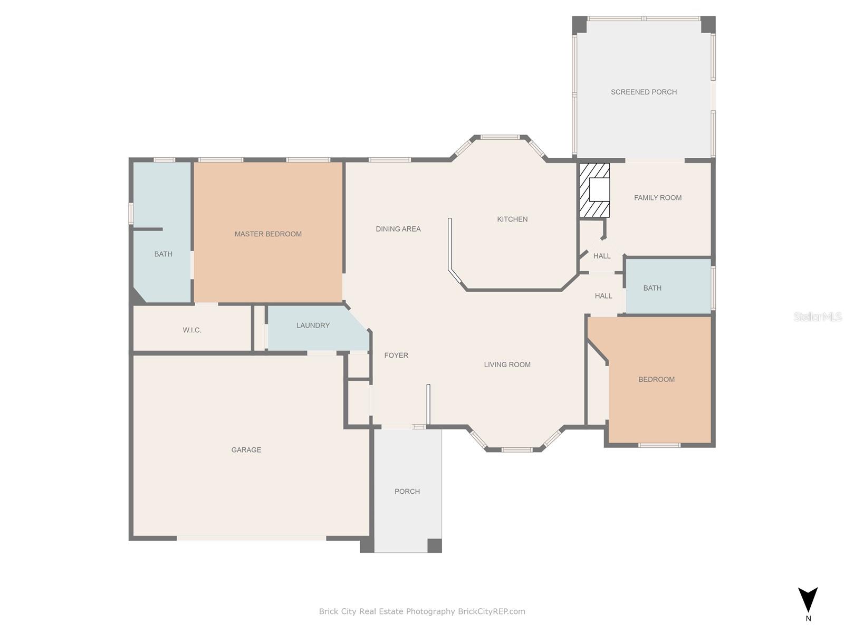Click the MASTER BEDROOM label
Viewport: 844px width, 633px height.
pos(268,234)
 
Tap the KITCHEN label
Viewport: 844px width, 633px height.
pos(512,219)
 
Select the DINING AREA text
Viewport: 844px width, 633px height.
pos(398,229)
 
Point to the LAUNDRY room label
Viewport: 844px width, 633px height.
pos(313,325)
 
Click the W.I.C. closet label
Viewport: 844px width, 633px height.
pos(192,330)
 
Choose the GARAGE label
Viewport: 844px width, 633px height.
pos(246,449)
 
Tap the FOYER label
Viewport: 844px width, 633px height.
pos(396,355)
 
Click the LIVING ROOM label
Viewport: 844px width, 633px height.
pos(507,365)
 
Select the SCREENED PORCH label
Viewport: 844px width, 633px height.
pos(644,92)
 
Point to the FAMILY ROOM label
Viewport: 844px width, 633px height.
pos(657,197)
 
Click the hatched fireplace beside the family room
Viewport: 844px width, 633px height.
pos(594,190)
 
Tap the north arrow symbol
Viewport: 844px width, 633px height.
pos(808,600)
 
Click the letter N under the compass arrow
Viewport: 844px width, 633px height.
pos(808,618)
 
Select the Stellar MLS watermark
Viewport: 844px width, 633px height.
pos(818,316)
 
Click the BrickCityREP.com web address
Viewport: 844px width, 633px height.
pos(492,611)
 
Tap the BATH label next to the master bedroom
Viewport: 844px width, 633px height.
pos(163,254)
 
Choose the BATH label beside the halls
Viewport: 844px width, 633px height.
pos(652,288)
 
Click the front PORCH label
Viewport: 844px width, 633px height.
pos(407,491)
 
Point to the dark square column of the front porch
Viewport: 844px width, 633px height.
pos(435,545)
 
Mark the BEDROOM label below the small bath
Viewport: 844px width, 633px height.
pos(656,379)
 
